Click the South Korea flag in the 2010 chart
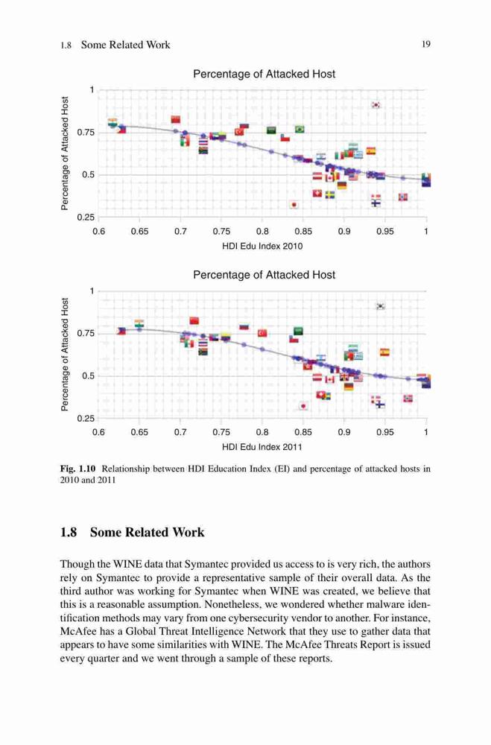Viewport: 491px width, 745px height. pos(376,104)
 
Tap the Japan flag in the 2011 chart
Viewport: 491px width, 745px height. pos(303,406)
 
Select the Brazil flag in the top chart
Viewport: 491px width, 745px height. pos(300,129)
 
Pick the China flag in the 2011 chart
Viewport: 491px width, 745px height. pos(194,320)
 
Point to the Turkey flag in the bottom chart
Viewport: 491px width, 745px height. pos(262,333)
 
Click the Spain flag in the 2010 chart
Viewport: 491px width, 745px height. pos(371,150)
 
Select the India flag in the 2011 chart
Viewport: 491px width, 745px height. pos(139,323)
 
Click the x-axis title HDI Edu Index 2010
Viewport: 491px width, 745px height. pos(262,246)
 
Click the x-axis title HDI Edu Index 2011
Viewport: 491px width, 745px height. pos(262,447)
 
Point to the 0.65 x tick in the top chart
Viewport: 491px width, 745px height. pos(139,232)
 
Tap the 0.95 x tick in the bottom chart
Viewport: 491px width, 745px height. pos(385,432)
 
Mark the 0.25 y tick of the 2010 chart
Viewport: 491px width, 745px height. pos(86,218)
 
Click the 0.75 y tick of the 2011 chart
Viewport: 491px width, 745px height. pos(86,334)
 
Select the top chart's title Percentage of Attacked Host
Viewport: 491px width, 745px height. pos(264,74)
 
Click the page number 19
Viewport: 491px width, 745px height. pos(426,44)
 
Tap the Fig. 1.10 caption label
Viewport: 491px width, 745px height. pos(78,469)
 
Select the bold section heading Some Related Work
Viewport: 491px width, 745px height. pos(148,532)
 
